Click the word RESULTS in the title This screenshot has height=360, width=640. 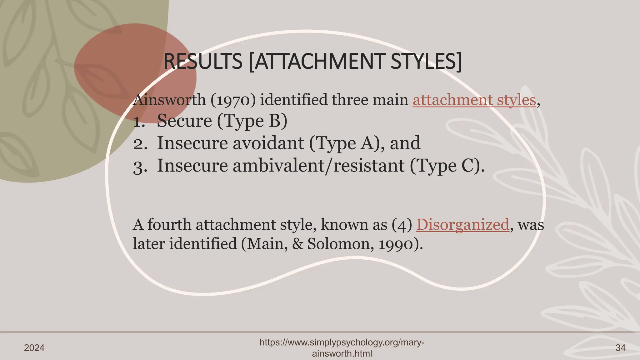203,62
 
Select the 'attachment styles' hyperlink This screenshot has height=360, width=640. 474,100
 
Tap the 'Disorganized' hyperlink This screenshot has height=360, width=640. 463,225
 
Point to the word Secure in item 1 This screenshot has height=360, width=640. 184,121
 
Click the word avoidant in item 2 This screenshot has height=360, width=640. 268,143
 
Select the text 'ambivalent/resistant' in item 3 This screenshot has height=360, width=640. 318,166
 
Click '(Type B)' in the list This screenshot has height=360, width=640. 252,121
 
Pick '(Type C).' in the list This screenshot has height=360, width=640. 447,166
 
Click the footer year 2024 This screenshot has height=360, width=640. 34,348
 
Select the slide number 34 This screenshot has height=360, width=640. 620,348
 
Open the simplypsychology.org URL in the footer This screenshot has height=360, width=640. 342,348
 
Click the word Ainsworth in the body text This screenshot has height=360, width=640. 169,100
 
